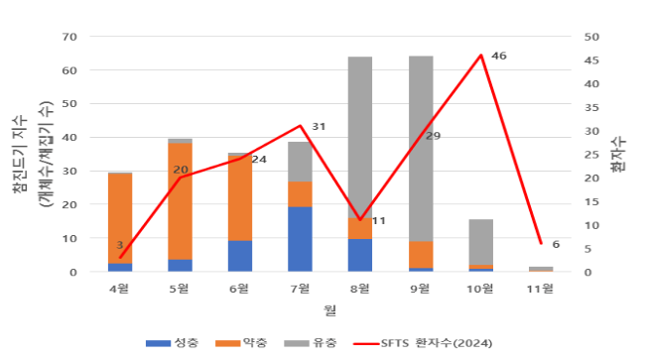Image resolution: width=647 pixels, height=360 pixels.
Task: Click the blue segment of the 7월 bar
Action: tap(300, 239)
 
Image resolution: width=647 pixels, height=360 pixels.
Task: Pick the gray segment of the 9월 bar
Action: tap(421, 149)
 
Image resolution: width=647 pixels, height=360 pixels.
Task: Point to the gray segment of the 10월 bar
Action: tap(480, 243)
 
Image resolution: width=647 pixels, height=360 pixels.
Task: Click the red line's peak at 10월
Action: tap(481, 56)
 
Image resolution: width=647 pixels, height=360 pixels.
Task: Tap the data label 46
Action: tap(499, 56)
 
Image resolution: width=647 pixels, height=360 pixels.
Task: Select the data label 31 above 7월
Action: tap(319, 127)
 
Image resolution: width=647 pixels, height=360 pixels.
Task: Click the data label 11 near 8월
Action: tap(378, 220)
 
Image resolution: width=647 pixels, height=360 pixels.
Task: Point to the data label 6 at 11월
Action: tap(556, 244)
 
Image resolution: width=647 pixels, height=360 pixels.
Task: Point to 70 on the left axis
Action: tap(69, 37)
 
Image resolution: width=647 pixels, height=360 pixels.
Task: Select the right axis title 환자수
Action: tap(621, 155)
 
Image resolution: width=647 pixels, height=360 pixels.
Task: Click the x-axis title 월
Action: tap(329, 309)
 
